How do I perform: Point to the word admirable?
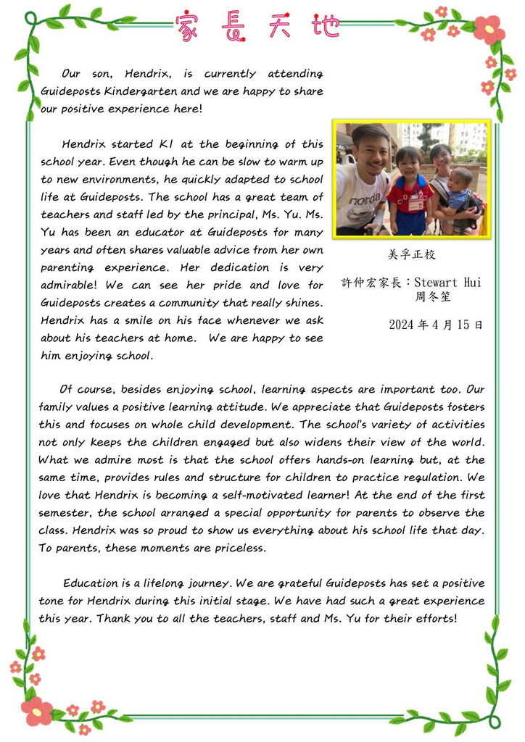pyautogui.click(x=72, y=285)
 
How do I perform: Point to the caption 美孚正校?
pyautogui.click(x=412, y=255)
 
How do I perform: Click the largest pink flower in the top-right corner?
pyautogui.click(x=489, y=30)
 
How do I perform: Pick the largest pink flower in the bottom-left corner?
pyautogui.click(x=36, y=710)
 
